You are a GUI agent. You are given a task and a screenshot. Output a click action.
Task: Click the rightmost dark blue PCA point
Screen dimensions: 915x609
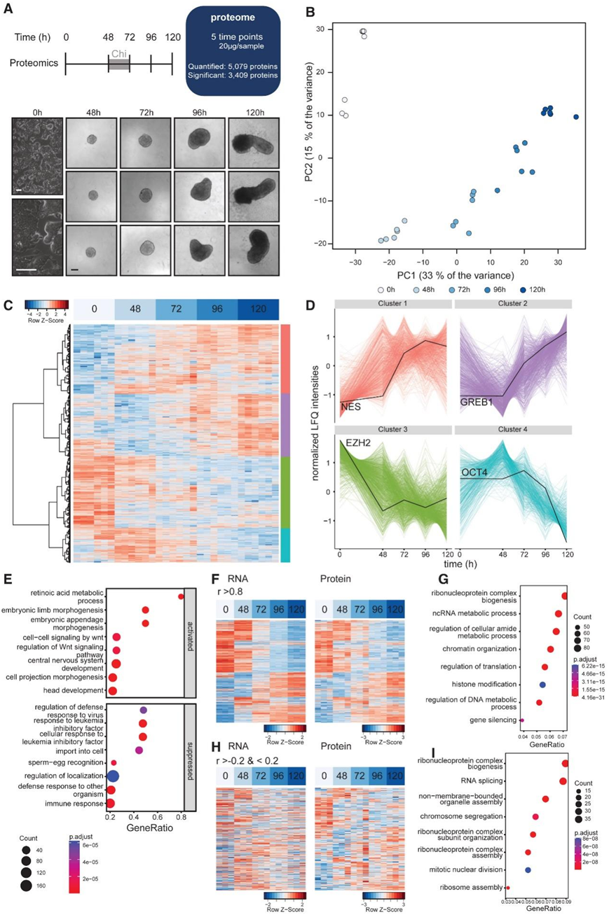575,117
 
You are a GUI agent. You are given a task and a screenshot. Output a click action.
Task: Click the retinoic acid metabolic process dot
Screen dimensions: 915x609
181,596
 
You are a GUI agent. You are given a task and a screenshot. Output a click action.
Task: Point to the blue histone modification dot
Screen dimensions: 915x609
542,684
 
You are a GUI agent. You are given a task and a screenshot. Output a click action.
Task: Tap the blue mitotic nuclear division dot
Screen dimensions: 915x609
528,869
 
